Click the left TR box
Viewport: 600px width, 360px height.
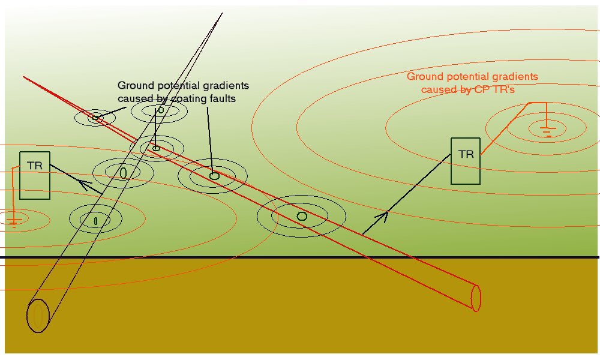pyautogui.click(x=35, y=175)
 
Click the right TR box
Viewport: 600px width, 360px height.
pyautogui.click(x=466, y=161)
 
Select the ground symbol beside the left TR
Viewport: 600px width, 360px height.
pyautogui.click(x=13, y=222)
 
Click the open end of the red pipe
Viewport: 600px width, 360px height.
pyautogui.click(x=476, y=298)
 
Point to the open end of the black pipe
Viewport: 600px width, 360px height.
pyautogui.click(x=38, y=316)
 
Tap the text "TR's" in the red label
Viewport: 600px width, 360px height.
pyautogui.click(x=505, y=89)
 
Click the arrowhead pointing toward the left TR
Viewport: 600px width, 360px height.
pyautogui.click(x=84, y=185)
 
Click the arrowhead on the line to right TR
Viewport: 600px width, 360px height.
pyautogui.click(x=382, y=217)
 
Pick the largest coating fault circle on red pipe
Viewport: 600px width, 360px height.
pyautogui.click(x=302, y=216)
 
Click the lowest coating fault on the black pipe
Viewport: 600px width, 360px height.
pyautogui.click(x=95, y=221)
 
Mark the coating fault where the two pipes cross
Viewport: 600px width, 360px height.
pyautogui.click(x=156, y=148)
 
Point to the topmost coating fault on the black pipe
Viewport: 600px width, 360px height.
pyautogui.click(x=161, y=110)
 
